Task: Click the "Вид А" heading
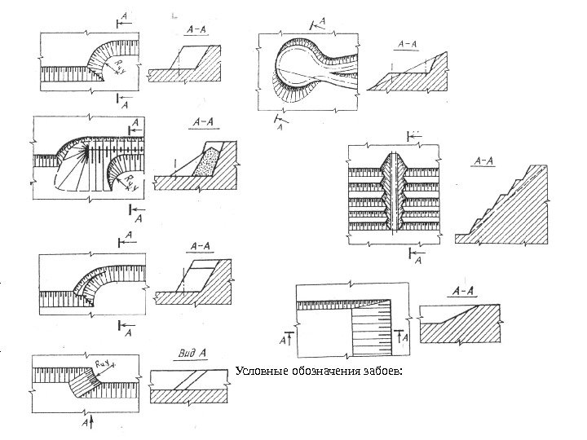click(192, 354)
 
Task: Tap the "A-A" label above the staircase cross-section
click(483, 161)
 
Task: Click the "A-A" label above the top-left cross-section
click(195, 26)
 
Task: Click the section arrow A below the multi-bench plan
click(414, 257)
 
